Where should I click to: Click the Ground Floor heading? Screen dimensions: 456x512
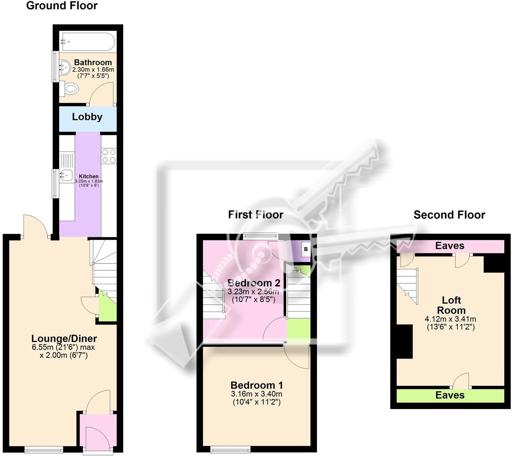[62, 6]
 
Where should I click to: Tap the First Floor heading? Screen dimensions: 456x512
[256, 215]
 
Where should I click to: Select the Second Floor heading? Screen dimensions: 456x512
[449, 215]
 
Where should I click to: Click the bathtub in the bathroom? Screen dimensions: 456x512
[88, 42]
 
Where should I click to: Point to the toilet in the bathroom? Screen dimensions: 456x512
[69, 89]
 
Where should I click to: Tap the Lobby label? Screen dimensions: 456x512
[88, 117]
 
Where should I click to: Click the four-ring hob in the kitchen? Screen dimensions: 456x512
[109, 156]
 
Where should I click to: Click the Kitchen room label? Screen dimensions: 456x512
[88, 176]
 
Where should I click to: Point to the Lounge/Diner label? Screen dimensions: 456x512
[64, 339]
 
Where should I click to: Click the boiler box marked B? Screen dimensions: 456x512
[306, 250]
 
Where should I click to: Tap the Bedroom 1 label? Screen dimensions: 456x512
[257, 385]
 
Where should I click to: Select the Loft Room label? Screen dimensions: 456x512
[451, 305]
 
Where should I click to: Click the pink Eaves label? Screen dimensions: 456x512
[450, 246]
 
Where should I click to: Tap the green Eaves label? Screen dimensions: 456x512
[450, 395]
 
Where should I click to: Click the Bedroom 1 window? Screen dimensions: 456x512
[230, 448]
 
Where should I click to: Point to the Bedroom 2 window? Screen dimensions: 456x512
[260, 236]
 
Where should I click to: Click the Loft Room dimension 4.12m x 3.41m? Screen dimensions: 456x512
[451, 319]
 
